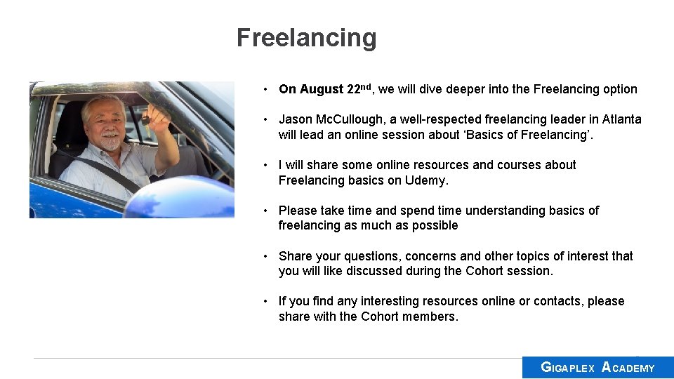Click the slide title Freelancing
[x=306, y=37]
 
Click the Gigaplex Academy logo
[x=597, y=367]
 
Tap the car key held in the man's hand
[x=145, y=120]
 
